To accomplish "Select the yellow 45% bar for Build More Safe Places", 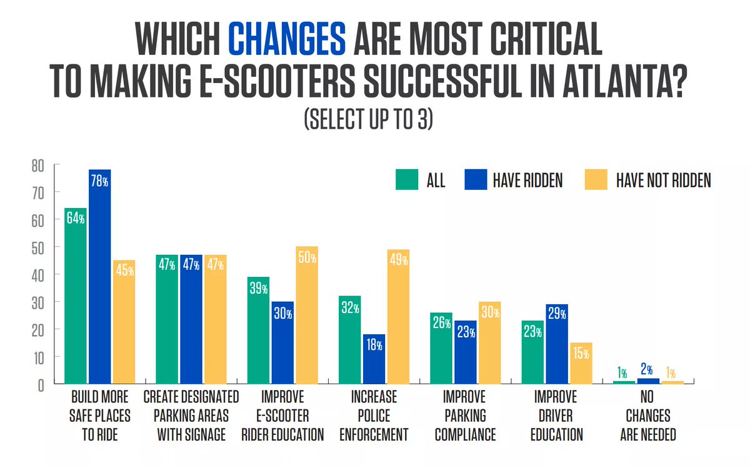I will click(124, 322).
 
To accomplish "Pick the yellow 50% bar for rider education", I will click(307, 315).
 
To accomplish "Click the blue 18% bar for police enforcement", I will click(374, 359).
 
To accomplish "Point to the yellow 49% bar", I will click(398, 316).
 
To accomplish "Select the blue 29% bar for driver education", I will click(557, 344).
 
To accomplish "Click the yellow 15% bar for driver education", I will click(581, 363).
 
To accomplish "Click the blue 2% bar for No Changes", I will click(647, 381).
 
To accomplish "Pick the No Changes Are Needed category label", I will click(647, 416).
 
